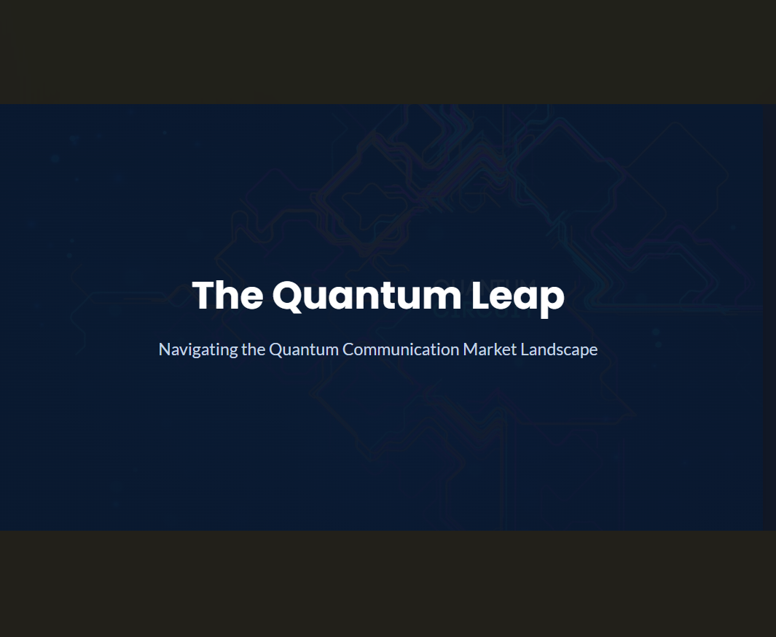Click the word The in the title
click(x=227, y=296)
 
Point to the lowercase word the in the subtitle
click(x=254, y=349)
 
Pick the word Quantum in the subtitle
click(x=304, y=349)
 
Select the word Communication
click(x=401, y=349)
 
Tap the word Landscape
click(x=559, y=349)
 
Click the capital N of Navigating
click(x=164, y=349)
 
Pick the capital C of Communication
click(x=348, y=349)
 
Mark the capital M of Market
click(x=470, y=349)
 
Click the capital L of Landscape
click(x=525, y=349)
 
